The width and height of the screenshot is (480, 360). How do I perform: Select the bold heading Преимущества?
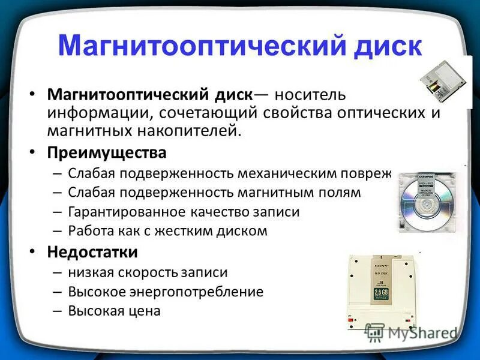pyautogui.click(x=107, y=153)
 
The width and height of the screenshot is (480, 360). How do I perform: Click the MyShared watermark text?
pyautogui.click(x=421, y=333)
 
